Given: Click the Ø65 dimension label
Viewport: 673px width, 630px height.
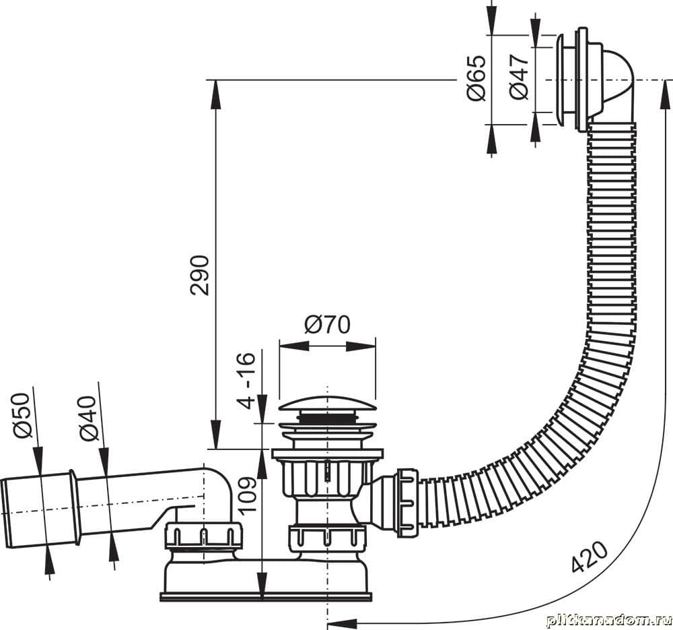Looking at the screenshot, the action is [x=477, y=78].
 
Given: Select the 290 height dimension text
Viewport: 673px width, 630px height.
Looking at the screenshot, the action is [x=200, y=275].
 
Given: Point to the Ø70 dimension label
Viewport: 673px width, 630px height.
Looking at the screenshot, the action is [x=327, y=325].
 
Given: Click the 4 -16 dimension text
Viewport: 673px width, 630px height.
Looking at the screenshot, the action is [x=246, y=380].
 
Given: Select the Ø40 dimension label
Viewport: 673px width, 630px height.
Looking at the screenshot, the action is [x=89, y=418].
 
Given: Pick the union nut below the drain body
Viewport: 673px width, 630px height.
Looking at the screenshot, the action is [x=327, y=538].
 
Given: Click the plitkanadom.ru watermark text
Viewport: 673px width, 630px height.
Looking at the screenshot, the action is [x=608, y=621].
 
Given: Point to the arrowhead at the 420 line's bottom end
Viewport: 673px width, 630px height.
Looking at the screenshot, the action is [x=342, y=621].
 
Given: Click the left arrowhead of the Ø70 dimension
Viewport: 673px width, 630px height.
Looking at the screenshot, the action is [x=294, y=346].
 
